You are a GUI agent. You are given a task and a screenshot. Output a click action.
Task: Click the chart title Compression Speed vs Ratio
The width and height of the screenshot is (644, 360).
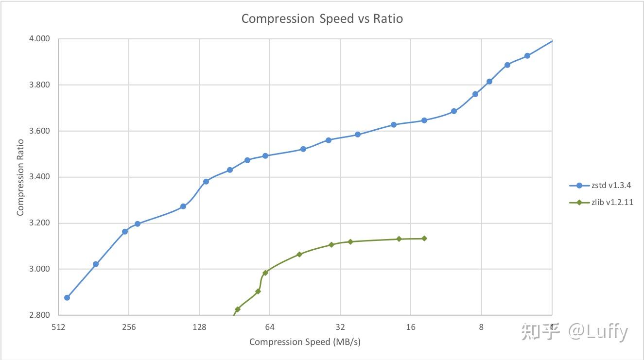pos(322,19)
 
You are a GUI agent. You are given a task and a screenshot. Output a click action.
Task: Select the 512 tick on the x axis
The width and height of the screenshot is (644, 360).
pos(58,327)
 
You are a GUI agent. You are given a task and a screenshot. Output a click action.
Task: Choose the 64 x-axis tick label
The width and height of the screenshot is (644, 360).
pos(270,327)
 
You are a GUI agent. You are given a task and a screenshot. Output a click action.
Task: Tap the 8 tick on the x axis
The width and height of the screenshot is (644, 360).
pos(481,327)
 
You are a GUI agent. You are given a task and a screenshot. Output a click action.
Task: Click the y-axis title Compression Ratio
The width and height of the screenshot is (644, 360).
pos(20,177)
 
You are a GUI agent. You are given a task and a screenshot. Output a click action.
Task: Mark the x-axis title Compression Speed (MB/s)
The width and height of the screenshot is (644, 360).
pos(305,342)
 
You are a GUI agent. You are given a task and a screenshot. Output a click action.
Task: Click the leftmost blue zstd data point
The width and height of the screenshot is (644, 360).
pos(67,298)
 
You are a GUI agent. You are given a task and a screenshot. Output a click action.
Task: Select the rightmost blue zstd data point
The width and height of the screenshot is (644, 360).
pos(527,56)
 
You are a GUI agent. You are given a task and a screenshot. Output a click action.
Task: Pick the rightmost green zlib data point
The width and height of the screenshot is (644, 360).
pos(424,239)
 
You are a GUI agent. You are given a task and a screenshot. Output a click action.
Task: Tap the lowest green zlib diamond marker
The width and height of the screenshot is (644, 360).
pos(238,309)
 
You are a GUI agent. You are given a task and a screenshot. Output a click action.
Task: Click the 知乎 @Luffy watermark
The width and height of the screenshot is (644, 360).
pos(574,332)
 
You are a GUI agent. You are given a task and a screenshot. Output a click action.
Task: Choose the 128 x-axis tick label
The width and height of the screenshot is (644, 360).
pos(199,327)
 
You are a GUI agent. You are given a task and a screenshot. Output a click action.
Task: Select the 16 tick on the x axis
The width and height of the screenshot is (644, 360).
pos(411,327)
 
